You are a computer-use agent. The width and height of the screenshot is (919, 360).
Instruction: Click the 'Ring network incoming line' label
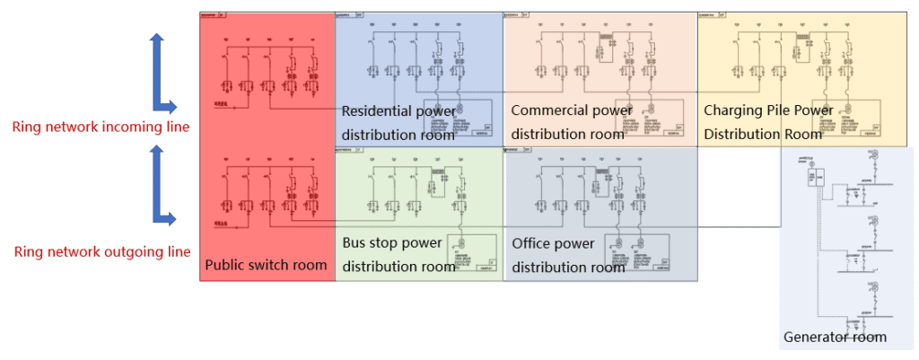(101, 127)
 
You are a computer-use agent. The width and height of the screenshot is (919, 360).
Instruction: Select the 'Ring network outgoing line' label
(102, 251)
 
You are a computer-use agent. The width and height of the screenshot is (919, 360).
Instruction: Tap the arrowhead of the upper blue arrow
(157, 40)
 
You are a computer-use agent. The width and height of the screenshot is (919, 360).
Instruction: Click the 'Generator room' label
(835, 338)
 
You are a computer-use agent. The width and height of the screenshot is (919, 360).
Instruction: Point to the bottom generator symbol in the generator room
(869, 288)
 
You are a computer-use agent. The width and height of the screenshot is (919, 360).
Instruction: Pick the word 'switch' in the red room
(270, 265)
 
